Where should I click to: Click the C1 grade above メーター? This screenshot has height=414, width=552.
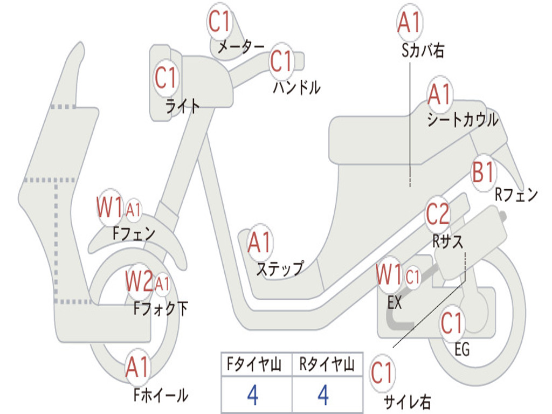click(220, 22)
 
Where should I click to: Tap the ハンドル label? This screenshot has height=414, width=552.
click(296, 87)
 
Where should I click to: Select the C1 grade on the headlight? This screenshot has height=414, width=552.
click(165, 78)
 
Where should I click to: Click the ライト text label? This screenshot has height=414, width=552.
click(182, 106)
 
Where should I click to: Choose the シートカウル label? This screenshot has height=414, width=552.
click(463, 120)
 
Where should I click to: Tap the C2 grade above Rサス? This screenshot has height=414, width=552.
click(437, 215)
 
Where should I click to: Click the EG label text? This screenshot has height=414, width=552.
click(462, 349)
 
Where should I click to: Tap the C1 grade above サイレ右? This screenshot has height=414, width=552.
click(382, 373)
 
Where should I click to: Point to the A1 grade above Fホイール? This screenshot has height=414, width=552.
click(137, 369)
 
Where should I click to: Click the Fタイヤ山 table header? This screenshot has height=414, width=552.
click(256, 365)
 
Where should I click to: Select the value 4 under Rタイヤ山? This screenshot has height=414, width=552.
click(323, 395)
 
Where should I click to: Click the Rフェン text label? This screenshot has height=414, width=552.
click(516, 195)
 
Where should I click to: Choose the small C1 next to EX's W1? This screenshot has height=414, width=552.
click(412, 278)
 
